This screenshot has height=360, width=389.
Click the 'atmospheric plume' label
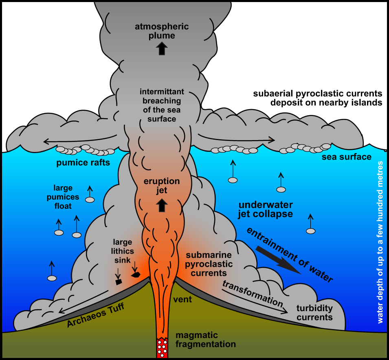tap(162, 31)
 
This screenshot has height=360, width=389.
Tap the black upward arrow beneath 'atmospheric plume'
tap(162, 48)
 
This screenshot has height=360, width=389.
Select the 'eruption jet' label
tap(162, 186)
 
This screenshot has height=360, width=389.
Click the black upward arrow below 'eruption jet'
tap(162, 205)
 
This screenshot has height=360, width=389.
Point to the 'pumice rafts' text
tap(83, 163)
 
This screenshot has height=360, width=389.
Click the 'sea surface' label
tap(347, 157)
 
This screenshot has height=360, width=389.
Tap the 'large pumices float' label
tap(63, 197)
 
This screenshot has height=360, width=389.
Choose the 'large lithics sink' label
tap(123, 251)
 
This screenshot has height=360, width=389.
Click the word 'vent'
tap(182, 299)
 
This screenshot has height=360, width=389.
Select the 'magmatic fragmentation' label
tap(206, 340)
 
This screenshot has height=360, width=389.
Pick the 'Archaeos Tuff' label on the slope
tap(96, 315)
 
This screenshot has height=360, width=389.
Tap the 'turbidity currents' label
tap(314, 313)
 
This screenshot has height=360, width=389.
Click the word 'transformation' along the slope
tap(253, 294)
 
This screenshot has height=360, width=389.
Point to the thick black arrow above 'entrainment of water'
tap(278, 260)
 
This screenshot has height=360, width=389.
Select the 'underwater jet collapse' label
tap(266, 209)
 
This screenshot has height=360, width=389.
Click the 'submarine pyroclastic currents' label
tap(209, 264)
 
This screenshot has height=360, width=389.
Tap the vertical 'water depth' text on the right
tap(380, 242)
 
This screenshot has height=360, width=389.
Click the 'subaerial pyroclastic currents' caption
tap(318, 98)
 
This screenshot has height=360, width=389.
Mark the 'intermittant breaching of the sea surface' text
tap(162, 105)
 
